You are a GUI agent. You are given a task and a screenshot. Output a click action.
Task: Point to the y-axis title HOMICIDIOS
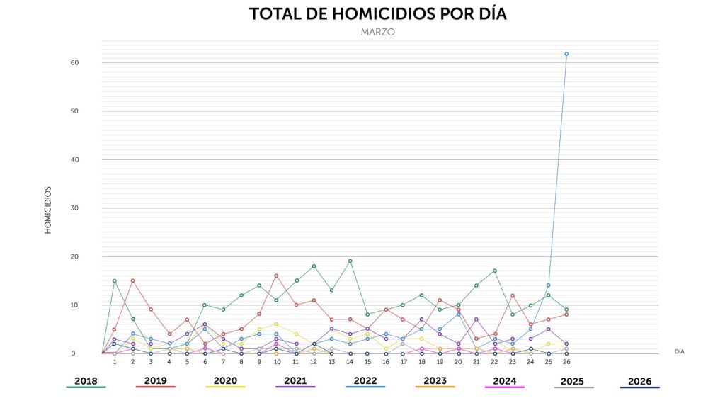pos(48,210)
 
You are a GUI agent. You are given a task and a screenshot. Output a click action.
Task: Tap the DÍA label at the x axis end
pos(679,351)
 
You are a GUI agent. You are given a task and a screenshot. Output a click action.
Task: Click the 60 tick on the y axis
pos(74,62)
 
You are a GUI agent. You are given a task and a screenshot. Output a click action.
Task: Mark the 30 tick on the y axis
pos(74,208)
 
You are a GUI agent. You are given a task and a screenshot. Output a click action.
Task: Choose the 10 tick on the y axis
pos(74,305)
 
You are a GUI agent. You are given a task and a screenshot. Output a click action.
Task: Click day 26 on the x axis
pos(566,362)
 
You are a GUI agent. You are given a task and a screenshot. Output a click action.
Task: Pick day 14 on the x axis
pos(350,362)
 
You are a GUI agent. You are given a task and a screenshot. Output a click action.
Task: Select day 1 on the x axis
pos(115,362)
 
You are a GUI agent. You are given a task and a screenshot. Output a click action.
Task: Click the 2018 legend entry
pos(86,381)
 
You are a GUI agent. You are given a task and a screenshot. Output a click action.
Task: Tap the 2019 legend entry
pos(155,381)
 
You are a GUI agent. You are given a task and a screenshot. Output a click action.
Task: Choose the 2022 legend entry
pos(365,381)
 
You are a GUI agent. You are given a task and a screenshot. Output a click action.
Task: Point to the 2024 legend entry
pos(504,381)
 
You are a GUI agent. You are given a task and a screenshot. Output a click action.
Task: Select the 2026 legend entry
pos(639,381)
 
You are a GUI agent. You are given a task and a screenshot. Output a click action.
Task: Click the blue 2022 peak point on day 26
pos(566,54)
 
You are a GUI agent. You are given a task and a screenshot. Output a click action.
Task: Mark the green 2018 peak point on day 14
pos(350,261)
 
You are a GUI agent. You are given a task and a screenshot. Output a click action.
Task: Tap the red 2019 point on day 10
pos(276,276)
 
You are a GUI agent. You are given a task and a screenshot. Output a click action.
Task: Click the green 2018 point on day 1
pos(115,280)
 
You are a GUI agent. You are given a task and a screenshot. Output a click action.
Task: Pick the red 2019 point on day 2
pos(132,280)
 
